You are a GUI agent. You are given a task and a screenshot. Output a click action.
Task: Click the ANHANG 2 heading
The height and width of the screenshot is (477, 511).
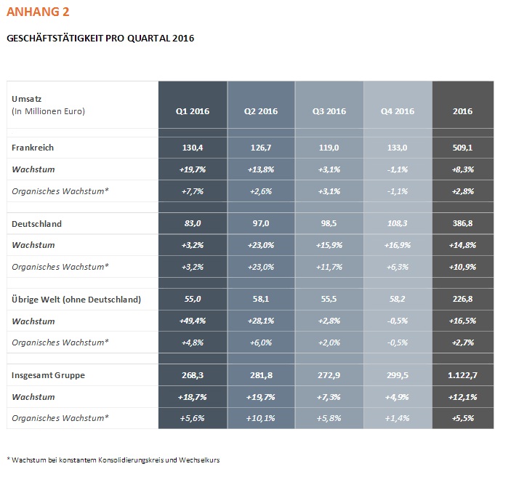pyautogui.click(x=38, y=12)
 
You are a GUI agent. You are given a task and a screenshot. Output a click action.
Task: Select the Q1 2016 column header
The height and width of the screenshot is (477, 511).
pyautogui.click(x=193, y=111)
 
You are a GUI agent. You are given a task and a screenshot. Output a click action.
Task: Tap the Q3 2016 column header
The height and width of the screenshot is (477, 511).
pyautogui.click(x=329, y=111)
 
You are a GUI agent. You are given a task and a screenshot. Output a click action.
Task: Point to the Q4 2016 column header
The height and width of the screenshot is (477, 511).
pyautogui.click(x=398, y=111)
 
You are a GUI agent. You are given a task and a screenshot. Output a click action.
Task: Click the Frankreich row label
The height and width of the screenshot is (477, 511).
pyautogui.click(x=33, y=148)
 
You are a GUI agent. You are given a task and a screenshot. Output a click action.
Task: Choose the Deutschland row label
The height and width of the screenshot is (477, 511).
pyautogui.click(x=36, y=224)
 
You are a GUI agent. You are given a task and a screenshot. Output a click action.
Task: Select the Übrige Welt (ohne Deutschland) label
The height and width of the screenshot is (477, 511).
pyautogui.click(x=76, y=300)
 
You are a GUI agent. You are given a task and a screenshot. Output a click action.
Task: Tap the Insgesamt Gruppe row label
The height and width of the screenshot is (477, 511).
pyautogui.click(x=48, y=375)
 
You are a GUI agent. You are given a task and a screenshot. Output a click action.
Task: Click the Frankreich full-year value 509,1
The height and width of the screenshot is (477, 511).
pyautogui.click(x=462, y=148)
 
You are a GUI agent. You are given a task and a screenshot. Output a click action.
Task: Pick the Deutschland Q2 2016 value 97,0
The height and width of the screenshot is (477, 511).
pyautogui.click(x=261, y=223)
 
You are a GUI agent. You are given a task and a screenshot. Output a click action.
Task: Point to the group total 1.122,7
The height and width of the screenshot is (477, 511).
pyautogui.click(x=462, y=375)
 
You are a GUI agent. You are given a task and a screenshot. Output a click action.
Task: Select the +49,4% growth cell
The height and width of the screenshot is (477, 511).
pyautogui.click(x=193, y=321)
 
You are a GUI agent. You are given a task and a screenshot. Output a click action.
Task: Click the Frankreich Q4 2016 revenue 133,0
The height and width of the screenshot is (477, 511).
pyautogui.click(x=398, y=148)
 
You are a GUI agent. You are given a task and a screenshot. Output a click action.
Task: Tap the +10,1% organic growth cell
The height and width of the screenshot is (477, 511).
pyautogui.click(x=261, y=418)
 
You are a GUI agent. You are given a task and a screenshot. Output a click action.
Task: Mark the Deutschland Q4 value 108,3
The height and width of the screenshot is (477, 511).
pyautogui.click(x=398, y=223)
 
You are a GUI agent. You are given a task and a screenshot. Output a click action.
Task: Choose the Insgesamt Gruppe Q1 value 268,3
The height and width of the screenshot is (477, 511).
pyautogui.click(x=193, y=375)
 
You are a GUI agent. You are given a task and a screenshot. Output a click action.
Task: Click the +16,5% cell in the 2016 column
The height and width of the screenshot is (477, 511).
pyautogui.click(x=462, y=321)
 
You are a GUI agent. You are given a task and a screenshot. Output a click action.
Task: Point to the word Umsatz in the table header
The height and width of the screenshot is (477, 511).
pyautogui.click(x=27, y=99)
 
